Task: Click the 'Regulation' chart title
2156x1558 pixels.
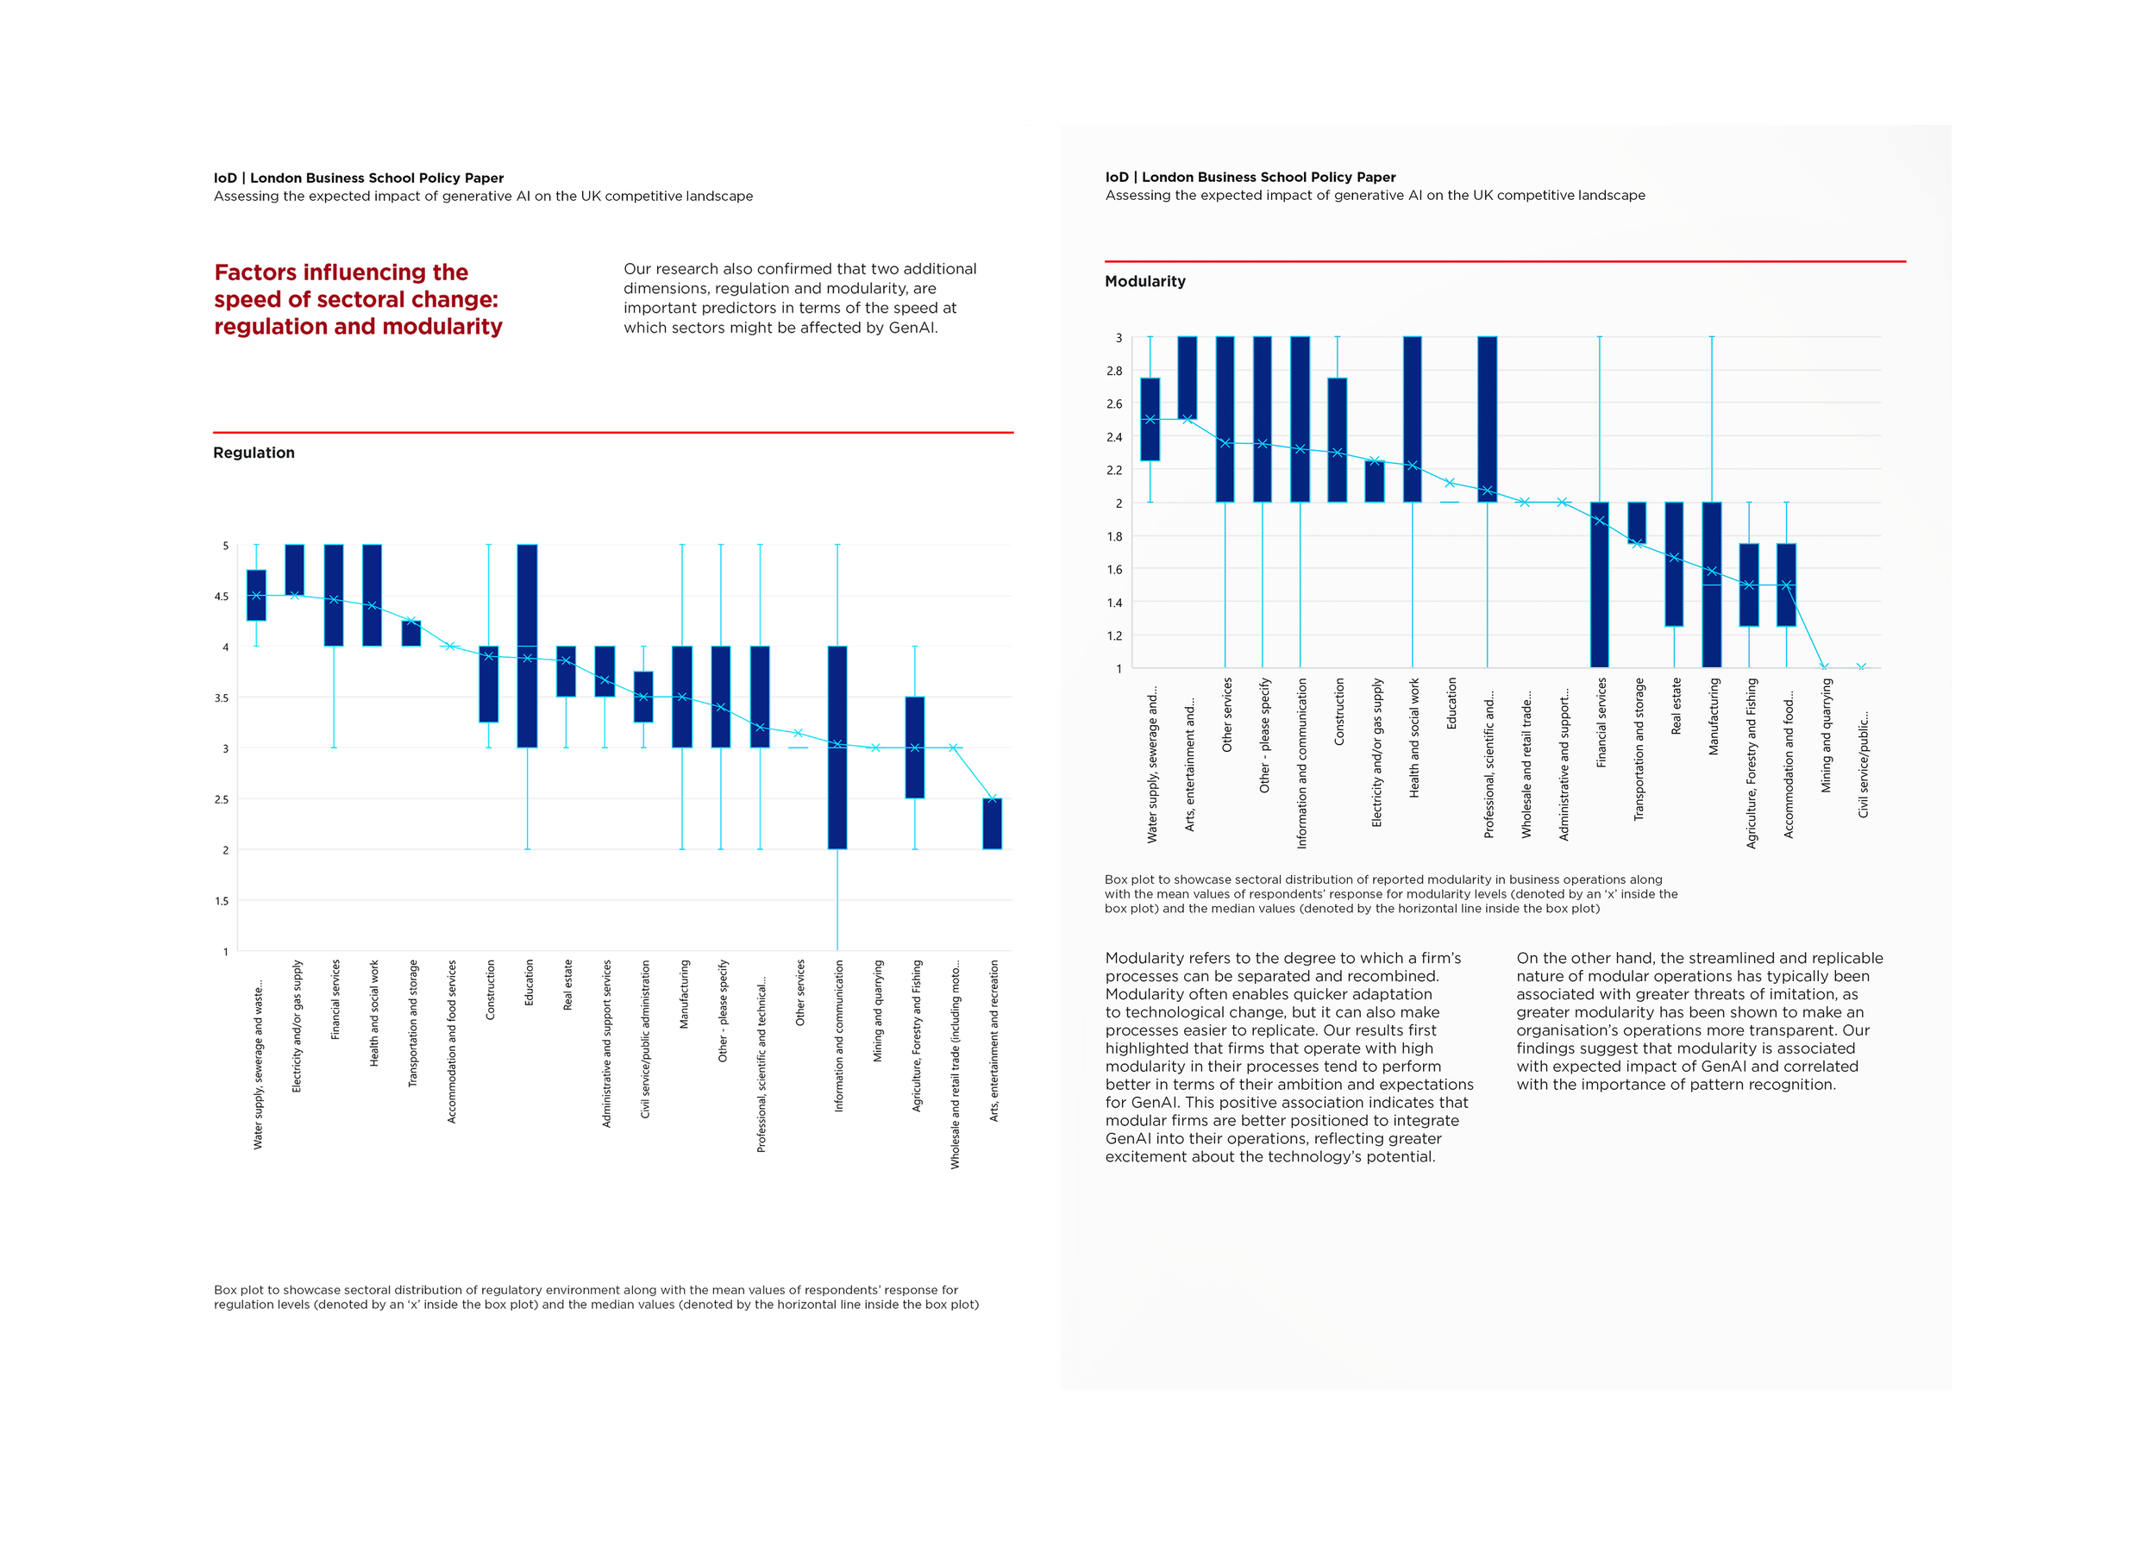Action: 254,453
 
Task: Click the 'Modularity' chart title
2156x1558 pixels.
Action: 1144,281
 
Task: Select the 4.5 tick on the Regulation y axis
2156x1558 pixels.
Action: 222,597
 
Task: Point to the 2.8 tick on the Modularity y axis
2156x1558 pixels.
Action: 1114,371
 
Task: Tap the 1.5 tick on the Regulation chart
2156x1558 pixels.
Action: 222,901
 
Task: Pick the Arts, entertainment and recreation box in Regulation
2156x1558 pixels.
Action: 993,824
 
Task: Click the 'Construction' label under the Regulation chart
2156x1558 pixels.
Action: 491,990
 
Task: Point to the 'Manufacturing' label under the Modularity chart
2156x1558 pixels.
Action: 1713,716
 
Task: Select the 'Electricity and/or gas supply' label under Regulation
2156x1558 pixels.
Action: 297,1026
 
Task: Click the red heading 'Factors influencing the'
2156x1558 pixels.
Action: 342,272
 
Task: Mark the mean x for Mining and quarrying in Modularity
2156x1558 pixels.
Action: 1824,666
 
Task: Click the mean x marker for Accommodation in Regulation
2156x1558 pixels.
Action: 450,647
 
